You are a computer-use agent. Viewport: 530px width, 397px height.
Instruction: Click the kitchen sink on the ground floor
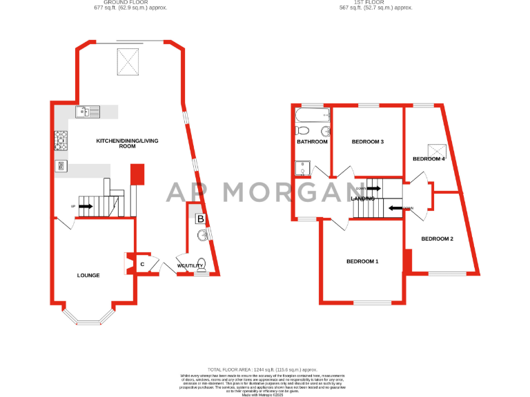click(89, 110)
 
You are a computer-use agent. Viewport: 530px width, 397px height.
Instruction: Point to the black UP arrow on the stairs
click(86, 205)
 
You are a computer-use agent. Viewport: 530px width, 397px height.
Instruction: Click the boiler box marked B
click(200, 219)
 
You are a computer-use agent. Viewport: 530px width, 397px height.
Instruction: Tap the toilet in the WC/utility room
click(201, 269)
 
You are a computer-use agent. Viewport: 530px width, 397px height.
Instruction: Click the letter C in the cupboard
click(142, 263)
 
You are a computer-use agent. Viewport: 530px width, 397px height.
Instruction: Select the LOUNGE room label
click(88, 276)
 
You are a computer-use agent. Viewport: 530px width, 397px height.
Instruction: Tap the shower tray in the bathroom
click(304, 167)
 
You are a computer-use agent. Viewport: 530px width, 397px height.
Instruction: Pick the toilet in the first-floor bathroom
click(302, 130)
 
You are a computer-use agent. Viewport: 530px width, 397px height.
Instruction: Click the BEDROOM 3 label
click(367, 142)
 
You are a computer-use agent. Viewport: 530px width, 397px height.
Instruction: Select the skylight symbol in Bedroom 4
click(437, 147)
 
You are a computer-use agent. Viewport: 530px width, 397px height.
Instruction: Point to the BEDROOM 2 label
click(437, 239)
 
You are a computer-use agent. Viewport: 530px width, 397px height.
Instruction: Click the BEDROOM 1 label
click(362, 261)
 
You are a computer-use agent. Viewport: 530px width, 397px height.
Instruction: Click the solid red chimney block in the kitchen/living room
click(137, 173)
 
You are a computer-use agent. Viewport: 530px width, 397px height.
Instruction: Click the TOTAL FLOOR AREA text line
click(266, 370)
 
